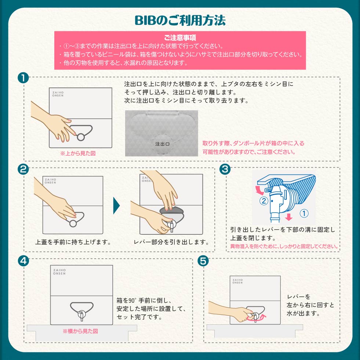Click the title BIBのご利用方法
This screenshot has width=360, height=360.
[180, 20]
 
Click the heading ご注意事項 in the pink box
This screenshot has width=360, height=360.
[180, 37]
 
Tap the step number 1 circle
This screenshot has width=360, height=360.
[23, 78]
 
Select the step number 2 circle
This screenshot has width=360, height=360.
[23, 169]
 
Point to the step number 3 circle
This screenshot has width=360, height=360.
[225, 169]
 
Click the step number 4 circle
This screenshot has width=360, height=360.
[23, 261]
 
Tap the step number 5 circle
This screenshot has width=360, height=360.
[203, 261]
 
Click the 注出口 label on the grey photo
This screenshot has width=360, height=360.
[162, 144]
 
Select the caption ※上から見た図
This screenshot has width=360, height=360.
[78, 153]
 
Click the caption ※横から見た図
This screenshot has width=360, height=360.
[80, 331]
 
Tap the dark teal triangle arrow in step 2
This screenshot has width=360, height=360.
[116, 205]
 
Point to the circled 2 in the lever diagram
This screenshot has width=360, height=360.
[264, 201]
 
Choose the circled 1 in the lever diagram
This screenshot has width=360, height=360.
[304, 213]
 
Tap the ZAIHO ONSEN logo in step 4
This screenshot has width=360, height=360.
[59, 272]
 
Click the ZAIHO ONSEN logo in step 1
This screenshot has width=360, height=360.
[58, 94]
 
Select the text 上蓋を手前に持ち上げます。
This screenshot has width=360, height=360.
[73, 242]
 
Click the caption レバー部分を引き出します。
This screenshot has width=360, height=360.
[171, 242]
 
